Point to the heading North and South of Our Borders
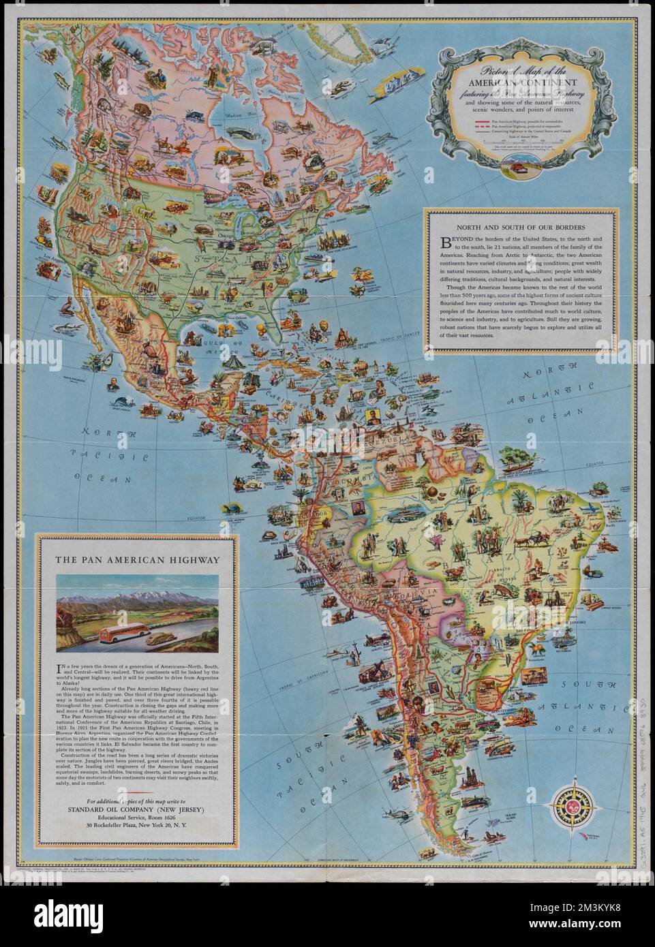(521, 226)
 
